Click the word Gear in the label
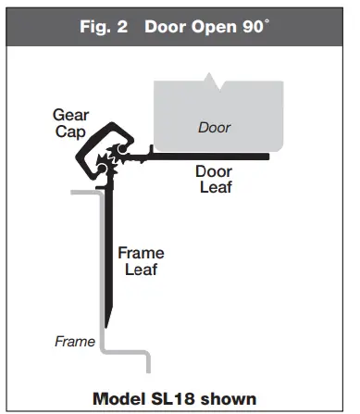tap(70, 115)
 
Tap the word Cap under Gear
tap(70, 132)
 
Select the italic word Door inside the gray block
tap(215, 127)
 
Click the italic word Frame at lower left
tap(74, 341)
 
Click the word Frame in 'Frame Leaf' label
tap(141, 252)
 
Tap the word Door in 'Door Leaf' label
tap(214, 170)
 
